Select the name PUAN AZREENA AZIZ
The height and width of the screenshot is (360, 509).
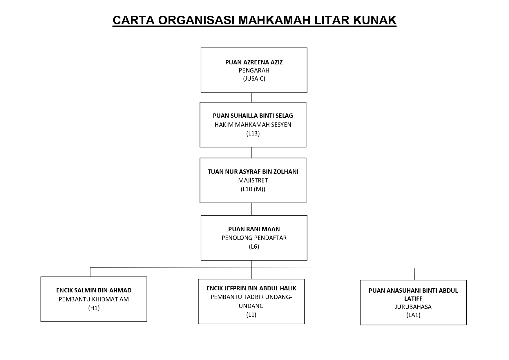[254, 62]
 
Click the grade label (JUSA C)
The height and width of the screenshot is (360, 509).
[254, 79]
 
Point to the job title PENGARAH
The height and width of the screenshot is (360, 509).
[254, 70]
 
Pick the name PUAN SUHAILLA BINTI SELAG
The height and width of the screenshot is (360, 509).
[253, 116]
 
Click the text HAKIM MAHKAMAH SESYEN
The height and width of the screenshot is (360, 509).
[253, 125]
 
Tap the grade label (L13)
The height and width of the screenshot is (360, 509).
[253, 133]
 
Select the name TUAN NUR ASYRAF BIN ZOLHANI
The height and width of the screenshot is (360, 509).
[253, 172]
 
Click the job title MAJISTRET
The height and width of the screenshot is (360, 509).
[253, 180]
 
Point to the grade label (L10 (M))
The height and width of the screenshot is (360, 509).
[253, 189]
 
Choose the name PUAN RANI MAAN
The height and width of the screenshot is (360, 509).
[254, 229]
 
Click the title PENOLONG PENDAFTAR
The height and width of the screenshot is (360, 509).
[254, 238]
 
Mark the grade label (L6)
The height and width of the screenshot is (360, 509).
[254, 247]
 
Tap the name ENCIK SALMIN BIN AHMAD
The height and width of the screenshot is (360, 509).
[94, 290]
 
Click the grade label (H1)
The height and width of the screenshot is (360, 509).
[94, 308]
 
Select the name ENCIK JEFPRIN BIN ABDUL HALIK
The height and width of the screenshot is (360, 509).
[251, 288]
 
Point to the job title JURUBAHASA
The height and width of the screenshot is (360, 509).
[413, 307]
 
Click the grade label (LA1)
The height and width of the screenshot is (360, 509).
[413, 315]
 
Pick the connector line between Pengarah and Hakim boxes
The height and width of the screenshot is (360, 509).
[251, 97]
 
